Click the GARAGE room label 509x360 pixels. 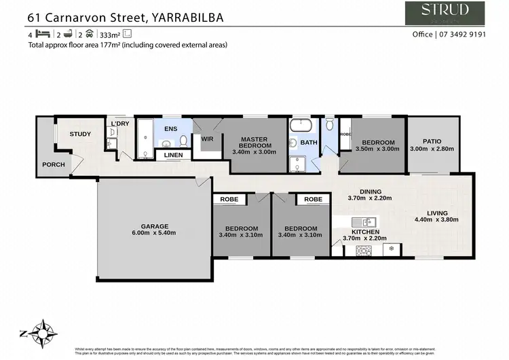[155, 227]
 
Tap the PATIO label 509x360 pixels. [432, 141]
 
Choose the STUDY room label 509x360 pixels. [80, 134]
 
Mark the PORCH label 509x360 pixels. [53, 164]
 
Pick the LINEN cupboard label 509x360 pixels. [173, 156]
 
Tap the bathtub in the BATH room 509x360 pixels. [299, 126]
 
